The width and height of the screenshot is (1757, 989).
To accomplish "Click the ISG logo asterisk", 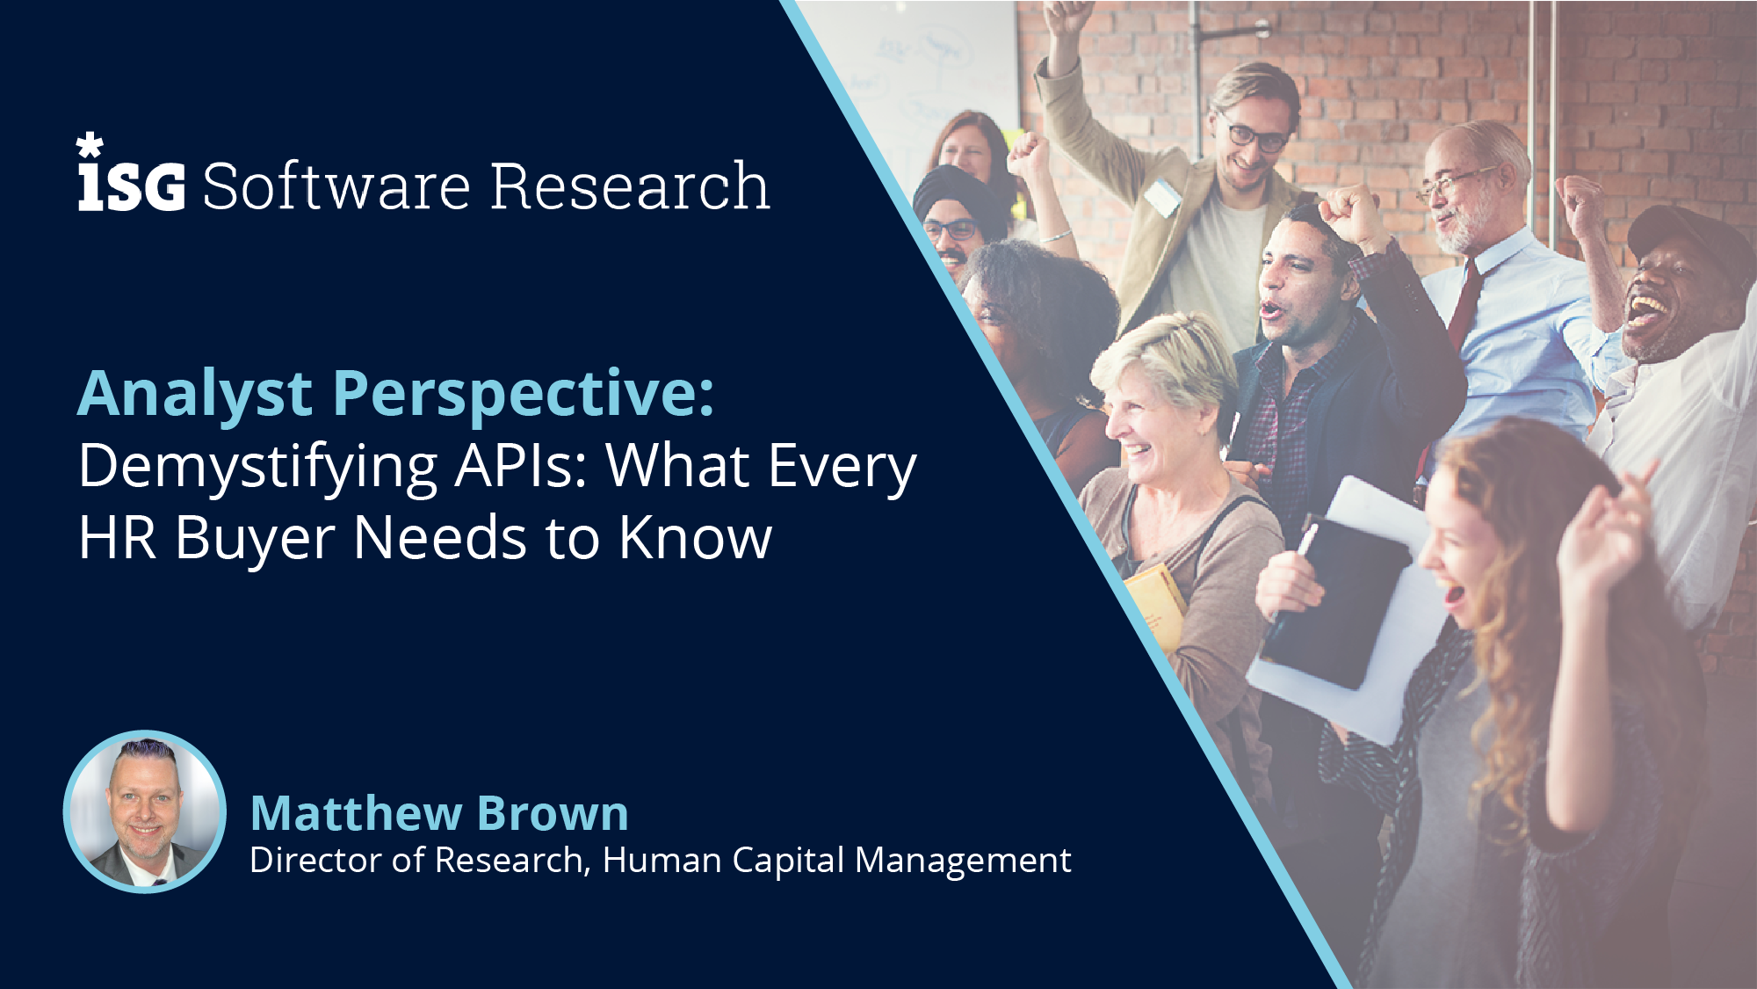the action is coord(90,145).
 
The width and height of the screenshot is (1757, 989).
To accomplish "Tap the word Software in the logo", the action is coord(337,186).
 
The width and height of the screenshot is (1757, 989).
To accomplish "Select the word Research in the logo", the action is coord(630,186).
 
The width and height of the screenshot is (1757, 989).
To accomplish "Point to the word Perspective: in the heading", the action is coord(524,394).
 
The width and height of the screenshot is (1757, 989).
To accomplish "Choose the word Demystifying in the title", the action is coord(258,468).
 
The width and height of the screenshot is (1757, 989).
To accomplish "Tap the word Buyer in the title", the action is coord(256,539).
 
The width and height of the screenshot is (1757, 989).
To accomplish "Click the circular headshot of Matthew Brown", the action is coord(145,811).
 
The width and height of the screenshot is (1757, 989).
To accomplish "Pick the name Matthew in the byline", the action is coord(357,813).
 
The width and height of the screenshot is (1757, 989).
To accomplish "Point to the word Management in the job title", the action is coord(963,861).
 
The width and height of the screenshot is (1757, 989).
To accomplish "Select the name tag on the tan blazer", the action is coord(1162,197).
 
